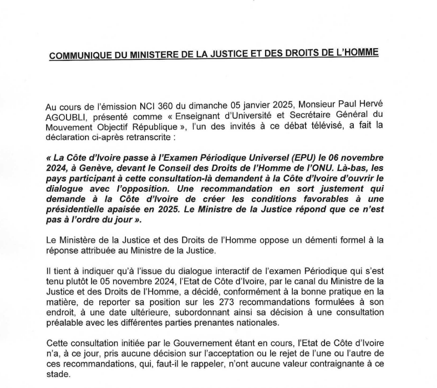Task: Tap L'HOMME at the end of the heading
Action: [x=358, y=54]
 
